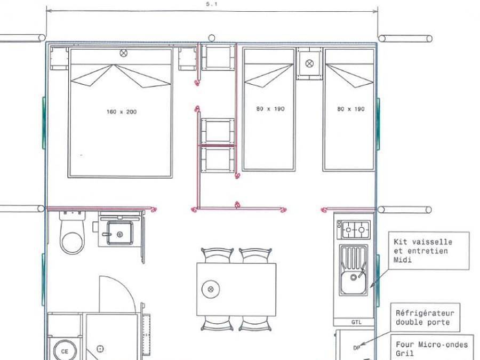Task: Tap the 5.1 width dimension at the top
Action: pyautogui.click(x=212, y=3)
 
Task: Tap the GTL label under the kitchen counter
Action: pyautogui.click(x=356, y=322)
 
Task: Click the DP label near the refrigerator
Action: pyautogui.click(x=356, y=348)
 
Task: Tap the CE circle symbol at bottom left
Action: pyautogui.click(x=65, y=351)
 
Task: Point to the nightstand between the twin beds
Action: pyautogui.click(x=309, y=63)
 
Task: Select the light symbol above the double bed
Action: pyautogui.click(x=124, y=53)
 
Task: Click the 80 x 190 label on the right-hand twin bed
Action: pyautogui.click(x=351, y=109)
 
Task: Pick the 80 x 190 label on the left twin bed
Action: pyautogui.click(x=270, y=109)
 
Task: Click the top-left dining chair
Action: pyautogui.click(x=217, y=255)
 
